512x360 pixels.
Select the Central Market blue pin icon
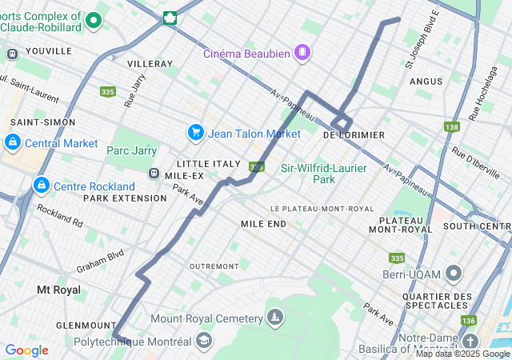pos(12,143)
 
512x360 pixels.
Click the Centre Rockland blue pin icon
pos(41,186)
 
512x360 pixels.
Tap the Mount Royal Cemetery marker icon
pos(275,318)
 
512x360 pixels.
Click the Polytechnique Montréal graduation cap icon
pos(204,341)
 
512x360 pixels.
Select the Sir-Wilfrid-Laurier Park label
pos(324,174)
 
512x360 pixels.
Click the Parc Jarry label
pos(130,150)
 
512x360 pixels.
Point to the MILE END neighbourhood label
pos(263,224)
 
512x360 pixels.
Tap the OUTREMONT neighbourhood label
pos(214,266)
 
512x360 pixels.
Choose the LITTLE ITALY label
pos(208,163)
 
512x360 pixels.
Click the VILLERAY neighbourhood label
pos(150,63)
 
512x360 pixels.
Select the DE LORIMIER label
pos(353,135)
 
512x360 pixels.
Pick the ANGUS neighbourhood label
pos(426,81)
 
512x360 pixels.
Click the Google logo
pos(26,350)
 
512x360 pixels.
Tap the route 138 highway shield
pos(451,126)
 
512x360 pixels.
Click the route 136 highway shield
pos(468,320)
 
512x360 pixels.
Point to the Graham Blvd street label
pos(100,261)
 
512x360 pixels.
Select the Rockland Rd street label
pos(59,214)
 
